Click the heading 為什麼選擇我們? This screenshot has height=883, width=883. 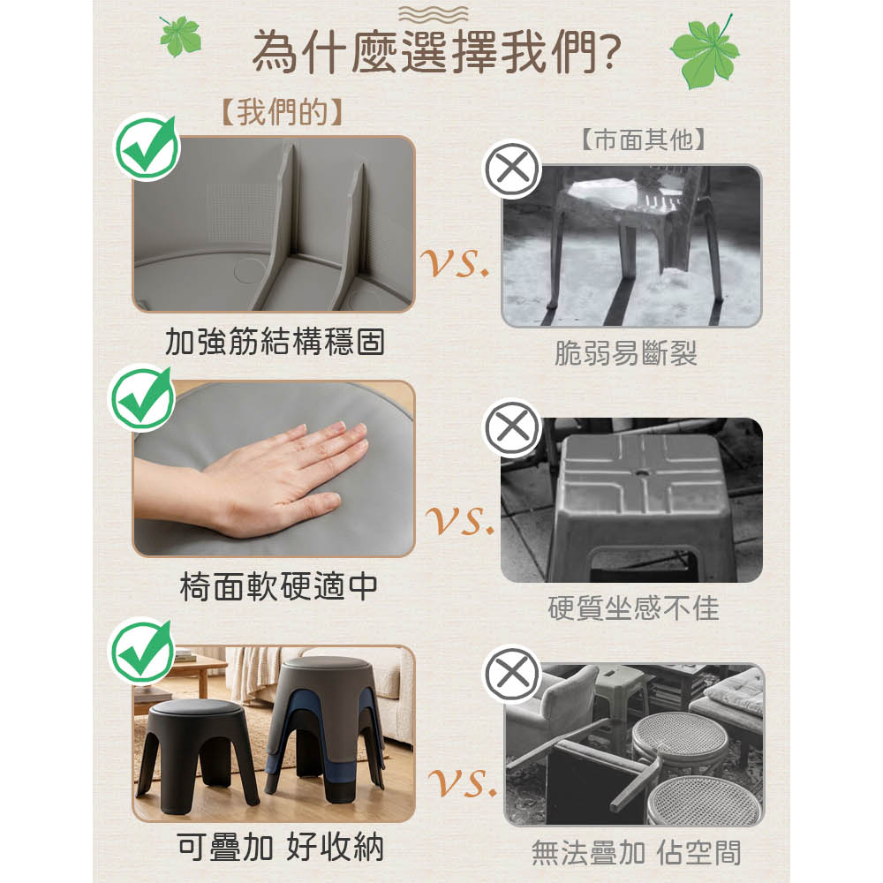tap(436, 53)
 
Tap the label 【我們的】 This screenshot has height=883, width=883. tap(282, 112)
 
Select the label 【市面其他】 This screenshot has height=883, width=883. tap(643, 140)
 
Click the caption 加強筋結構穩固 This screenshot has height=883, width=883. tap(275, 342)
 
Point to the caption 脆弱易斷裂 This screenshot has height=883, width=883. tap(626, 354)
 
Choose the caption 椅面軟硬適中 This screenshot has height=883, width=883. tap(278, 587)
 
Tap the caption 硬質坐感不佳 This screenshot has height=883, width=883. tap(633, 608)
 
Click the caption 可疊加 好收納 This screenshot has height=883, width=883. tap(281, 847)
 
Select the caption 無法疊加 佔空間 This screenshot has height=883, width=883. tap(636, 852)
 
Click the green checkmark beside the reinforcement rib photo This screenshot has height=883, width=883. tap(147, 147)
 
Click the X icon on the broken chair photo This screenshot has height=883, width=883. tap(512, 169)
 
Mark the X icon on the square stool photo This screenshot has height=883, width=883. tap(512, 427)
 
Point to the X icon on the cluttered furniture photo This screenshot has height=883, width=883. tap(512, 674)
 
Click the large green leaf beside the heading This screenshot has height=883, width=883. tap(706, 52)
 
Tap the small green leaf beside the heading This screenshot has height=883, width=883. tap(179, 36)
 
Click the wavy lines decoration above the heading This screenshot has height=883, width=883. tap(433, 13)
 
